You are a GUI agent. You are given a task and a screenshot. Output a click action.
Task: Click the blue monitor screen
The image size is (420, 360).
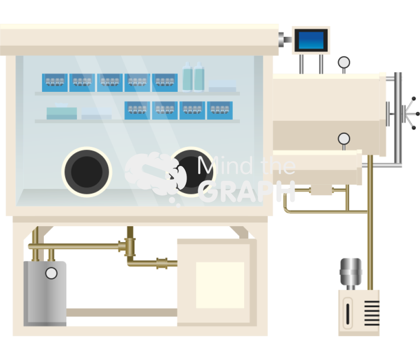tap(311, 41)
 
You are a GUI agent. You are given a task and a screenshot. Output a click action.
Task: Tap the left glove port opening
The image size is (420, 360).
tap(87, 171)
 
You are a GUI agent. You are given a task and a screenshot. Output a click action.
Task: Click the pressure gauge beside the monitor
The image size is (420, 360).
tap(344, 62)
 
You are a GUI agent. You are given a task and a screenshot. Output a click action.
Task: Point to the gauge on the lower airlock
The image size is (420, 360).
tap(344, 138)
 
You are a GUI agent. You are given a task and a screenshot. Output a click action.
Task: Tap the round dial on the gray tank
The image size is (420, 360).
tap(51, 273)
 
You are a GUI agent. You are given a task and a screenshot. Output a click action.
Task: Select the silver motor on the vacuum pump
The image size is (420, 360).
tap(350, 273)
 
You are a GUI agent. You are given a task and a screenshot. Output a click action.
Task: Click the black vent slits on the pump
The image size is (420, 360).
tap(372, 313)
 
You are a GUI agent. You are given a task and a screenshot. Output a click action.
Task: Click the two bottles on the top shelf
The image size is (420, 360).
tap(193, 77)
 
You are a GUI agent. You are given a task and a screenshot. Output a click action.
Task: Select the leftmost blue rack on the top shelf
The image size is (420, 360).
tap(55, 83)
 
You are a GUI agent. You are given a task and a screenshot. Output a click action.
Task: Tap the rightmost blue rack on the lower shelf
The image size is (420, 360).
tap(219, 110)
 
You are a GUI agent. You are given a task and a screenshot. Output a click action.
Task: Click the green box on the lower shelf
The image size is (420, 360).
tap(62, 112)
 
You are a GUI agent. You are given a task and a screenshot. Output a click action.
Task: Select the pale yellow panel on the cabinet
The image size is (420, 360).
tap(220, 284)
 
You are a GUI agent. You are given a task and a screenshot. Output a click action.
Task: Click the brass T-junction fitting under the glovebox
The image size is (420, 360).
tap(129, 245)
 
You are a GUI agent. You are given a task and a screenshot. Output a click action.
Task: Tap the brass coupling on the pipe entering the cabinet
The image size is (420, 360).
tap(162, 263)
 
